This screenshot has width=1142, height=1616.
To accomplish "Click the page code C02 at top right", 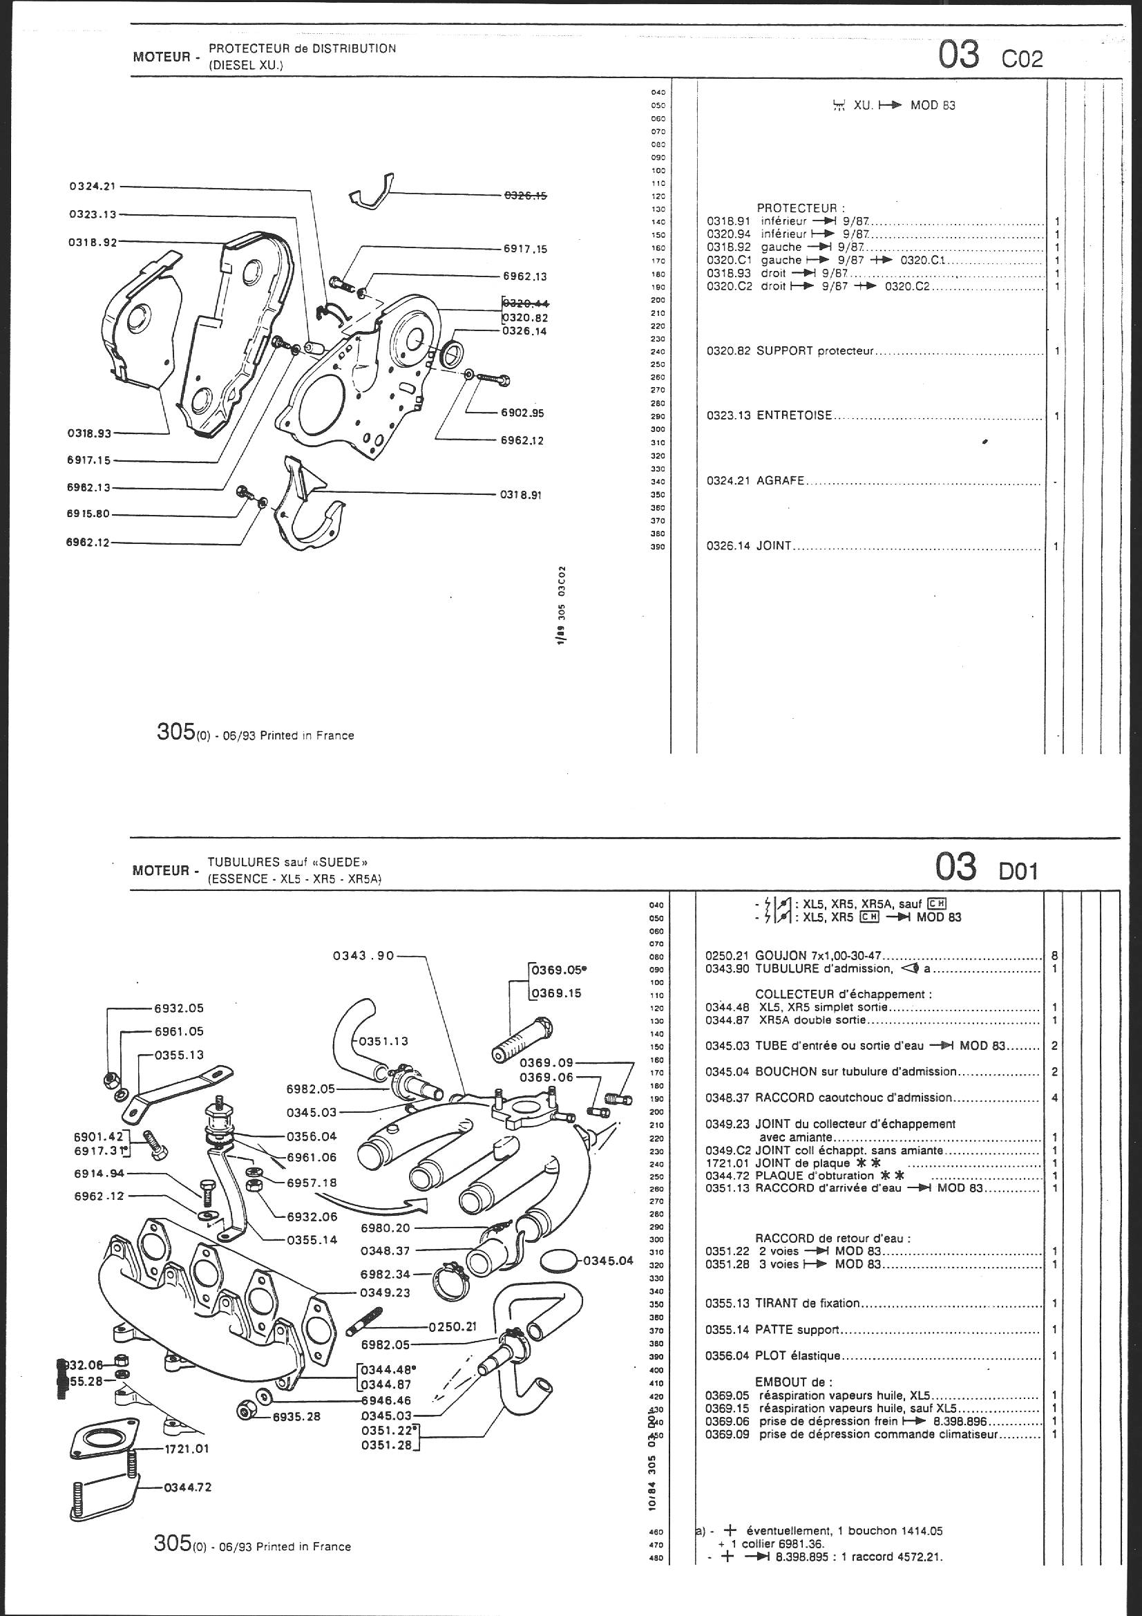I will (x=1022, y=59).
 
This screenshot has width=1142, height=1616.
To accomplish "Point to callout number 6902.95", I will (x=522, y=413).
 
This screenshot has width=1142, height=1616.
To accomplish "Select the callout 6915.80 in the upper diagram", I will (x=88, y=513).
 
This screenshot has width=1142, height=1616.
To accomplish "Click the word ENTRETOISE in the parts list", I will (x=794, y=416).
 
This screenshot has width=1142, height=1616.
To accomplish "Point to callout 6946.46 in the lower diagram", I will (x=386, y=1400).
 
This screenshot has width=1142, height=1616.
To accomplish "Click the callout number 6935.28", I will (x=297, y=1416).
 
